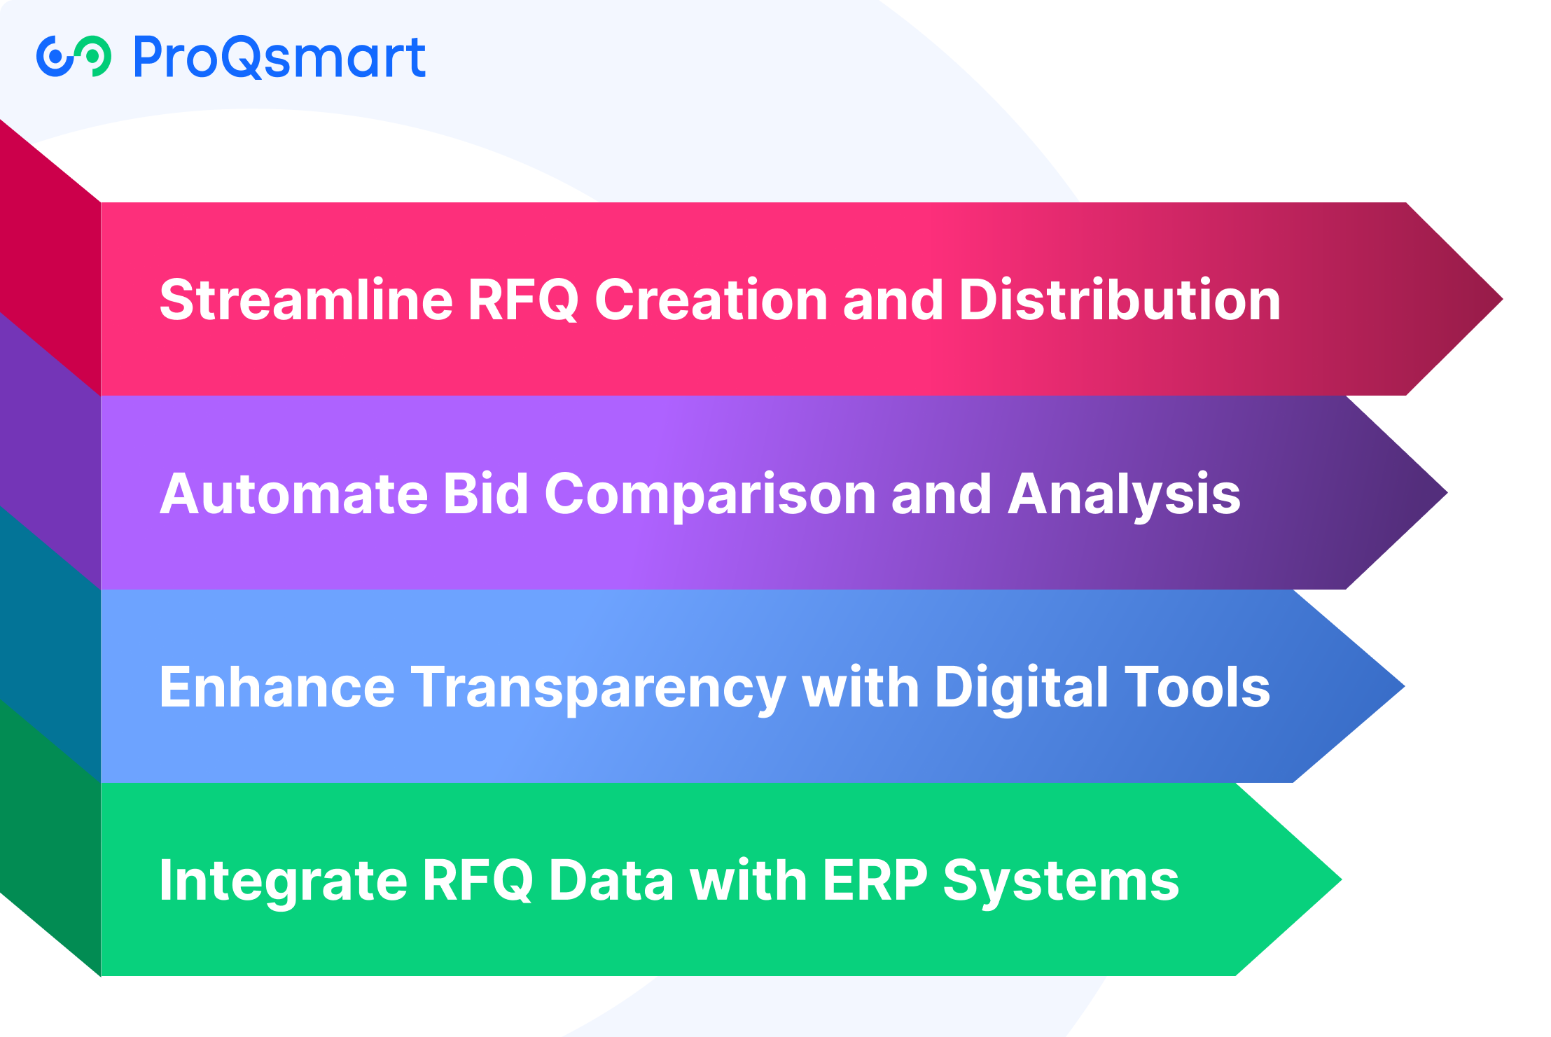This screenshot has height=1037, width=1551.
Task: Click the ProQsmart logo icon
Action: pos(74,56)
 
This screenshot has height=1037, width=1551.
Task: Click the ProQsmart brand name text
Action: pos(279,57)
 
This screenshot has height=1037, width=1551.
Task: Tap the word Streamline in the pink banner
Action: pos(306,300)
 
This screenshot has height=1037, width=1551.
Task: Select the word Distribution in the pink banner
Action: pos(1120,300)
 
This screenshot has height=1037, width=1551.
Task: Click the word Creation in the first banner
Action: pos(711,300)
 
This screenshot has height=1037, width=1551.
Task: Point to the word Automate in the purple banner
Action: pos(294,494)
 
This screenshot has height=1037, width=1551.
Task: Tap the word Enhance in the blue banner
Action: pos(277,687)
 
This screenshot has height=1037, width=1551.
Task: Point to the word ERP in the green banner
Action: pos(875,880)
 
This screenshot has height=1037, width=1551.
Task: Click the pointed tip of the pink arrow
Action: pos(1502,299)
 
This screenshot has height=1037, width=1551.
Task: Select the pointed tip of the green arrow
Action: pos(1341,879)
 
